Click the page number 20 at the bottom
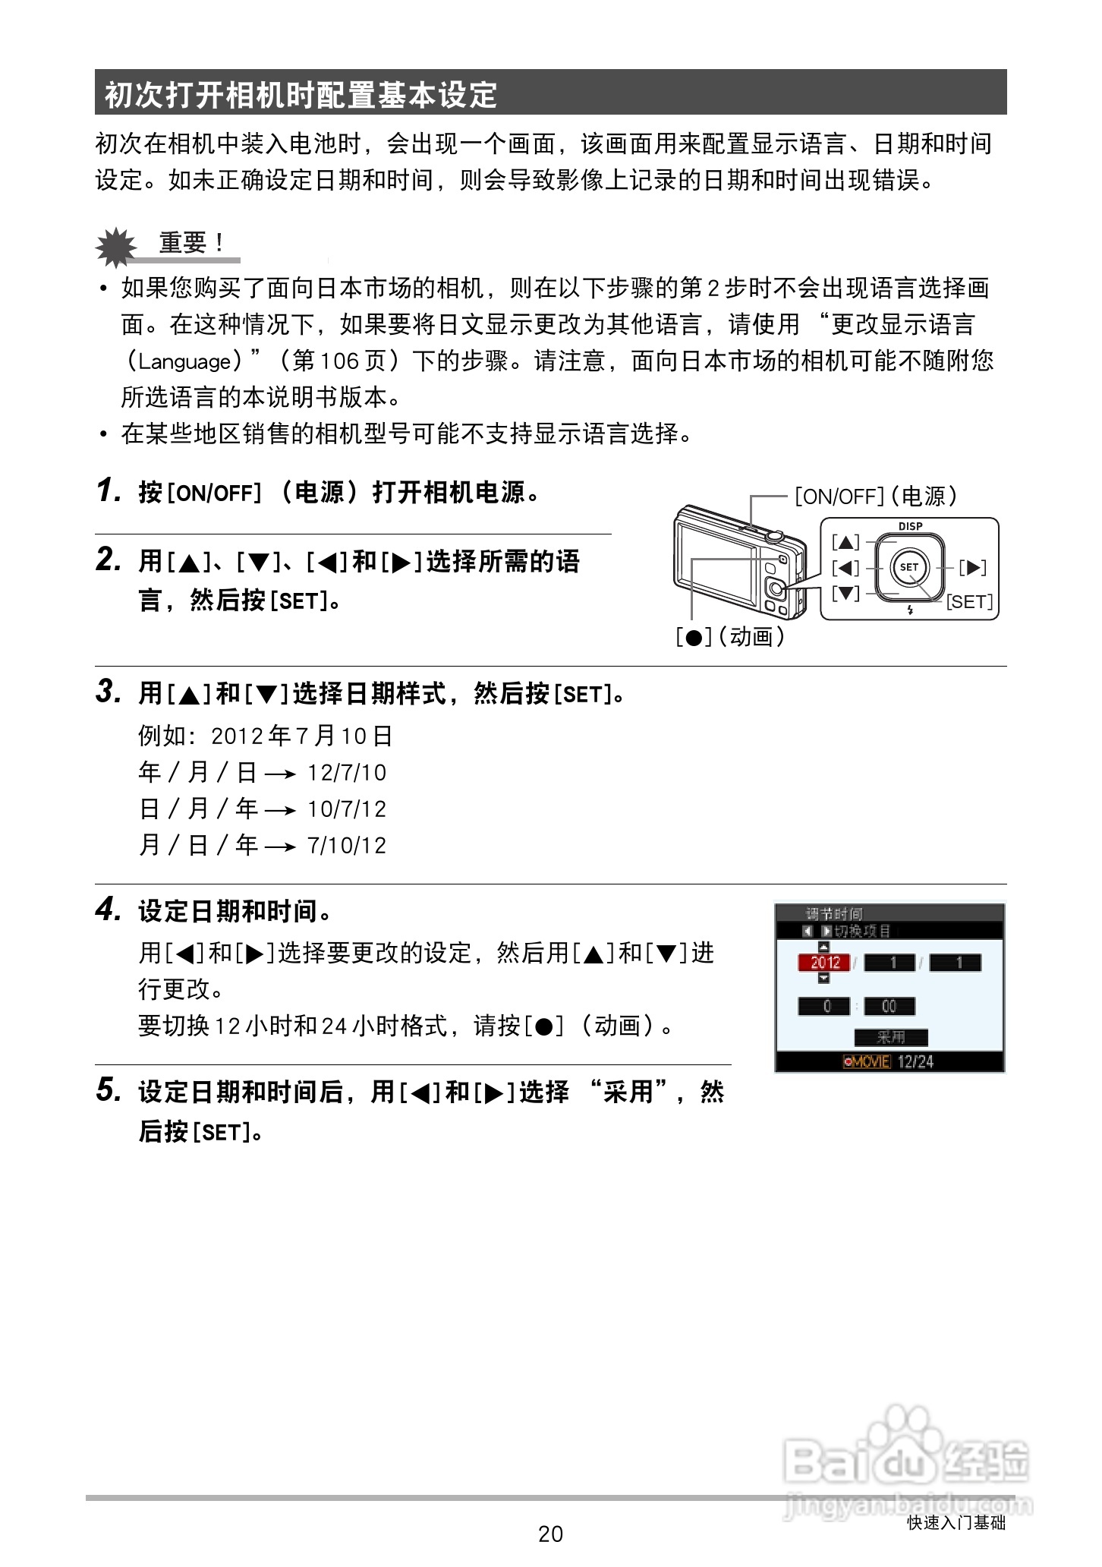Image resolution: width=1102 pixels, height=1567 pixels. [550, 1534]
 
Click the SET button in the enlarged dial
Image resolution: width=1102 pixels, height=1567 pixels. [909, 566]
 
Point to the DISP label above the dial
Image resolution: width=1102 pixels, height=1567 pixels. [910, 526]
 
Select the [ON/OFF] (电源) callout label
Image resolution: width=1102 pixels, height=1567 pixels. [876, 497]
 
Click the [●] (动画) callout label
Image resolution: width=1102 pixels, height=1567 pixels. [730, 636]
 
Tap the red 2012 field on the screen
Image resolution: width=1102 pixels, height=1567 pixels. [824, 963]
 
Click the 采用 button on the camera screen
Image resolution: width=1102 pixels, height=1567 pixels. [891, 1037]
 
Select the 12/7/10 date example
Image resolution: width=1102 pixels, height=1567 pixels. [347, 773]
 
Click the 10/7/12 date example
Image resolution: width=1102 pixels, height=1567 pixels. [347, 809]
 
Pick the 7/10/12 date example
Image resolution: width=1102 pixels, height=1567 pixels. [347, 846]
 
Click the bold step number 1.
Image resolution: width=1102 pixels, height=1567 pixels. [109, 491]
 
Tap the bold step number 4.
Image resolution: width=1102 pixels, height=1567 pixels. [109, 910]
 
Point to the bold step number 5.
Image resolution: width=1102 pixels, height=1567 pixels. [109, 1090]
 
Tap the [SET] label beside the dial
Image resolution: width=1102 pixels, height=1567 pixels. [969, 602]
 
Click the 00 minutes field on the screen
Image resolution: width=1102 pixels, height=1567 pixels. [889, 1007]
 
